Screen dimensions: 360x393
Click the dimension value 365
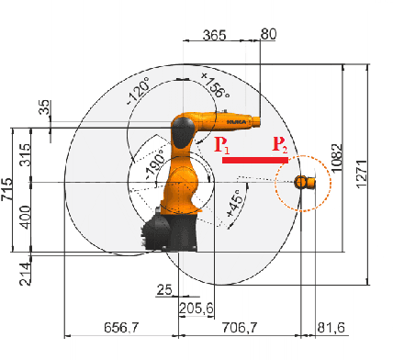[x=214, y=35]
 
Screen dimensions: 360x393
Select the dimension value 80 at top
[x=269, y=35]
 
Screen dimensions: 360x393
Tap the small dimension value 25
[x=164, y=291]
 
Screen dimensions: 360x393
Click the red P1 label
[x=221, y=145]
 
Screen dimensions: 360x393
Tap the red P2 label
[x=279, y=145]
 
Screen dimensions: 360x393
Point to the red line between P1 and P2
[x=255, y=160]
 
